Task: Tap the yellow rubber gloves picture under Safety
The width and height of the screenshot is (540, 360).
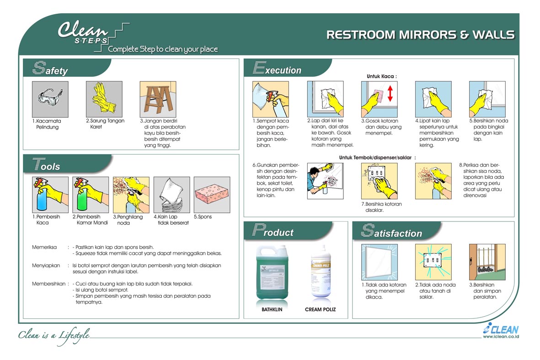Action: [x=104, y=97]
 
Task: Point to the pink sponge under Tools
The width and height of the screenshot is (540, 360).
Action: [x=212, y=194]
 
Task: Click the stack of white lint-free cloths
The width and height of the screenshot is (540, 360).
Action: [x=171, y=194]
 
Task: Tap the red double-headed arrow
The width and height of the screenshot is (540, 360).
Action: [x=390, y=94]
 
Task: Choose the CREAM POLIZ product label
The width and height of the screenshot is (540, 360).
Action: [x=321, y=310]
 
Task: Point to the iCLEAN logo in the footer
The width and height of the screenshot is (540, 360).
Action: [x=501, y=329]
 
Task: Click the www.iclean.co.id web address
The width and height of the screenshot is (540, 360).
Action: [x=501, y=337]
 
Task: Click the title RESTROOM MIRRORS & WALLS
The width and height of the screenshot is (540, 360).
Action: [x=420, y=35]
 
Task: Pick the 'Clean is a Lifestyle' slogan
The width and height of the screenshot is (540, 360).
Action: [x=54, y=335]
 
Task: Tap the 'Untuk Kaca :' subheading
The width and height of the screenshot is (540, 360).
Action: [x=381, y=76]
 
